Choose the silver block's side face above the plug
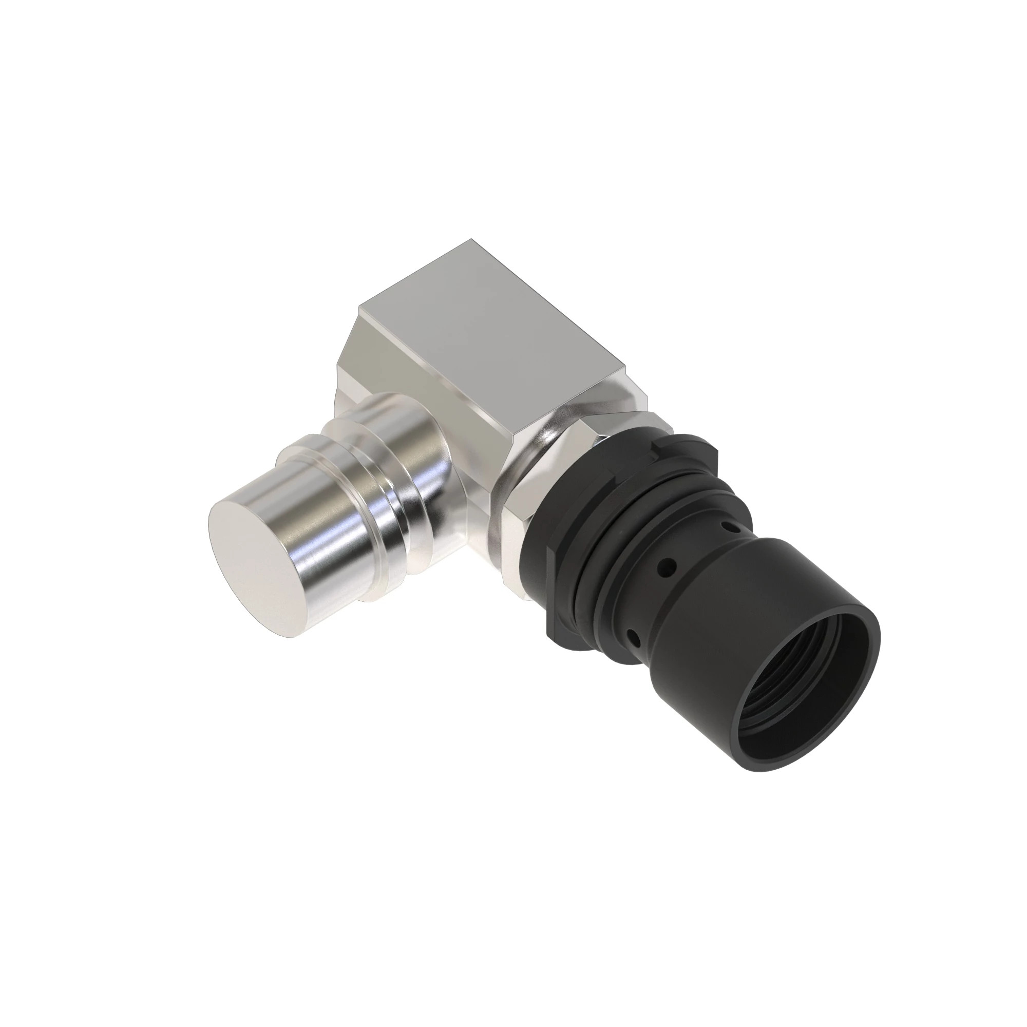pos(425,388)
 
